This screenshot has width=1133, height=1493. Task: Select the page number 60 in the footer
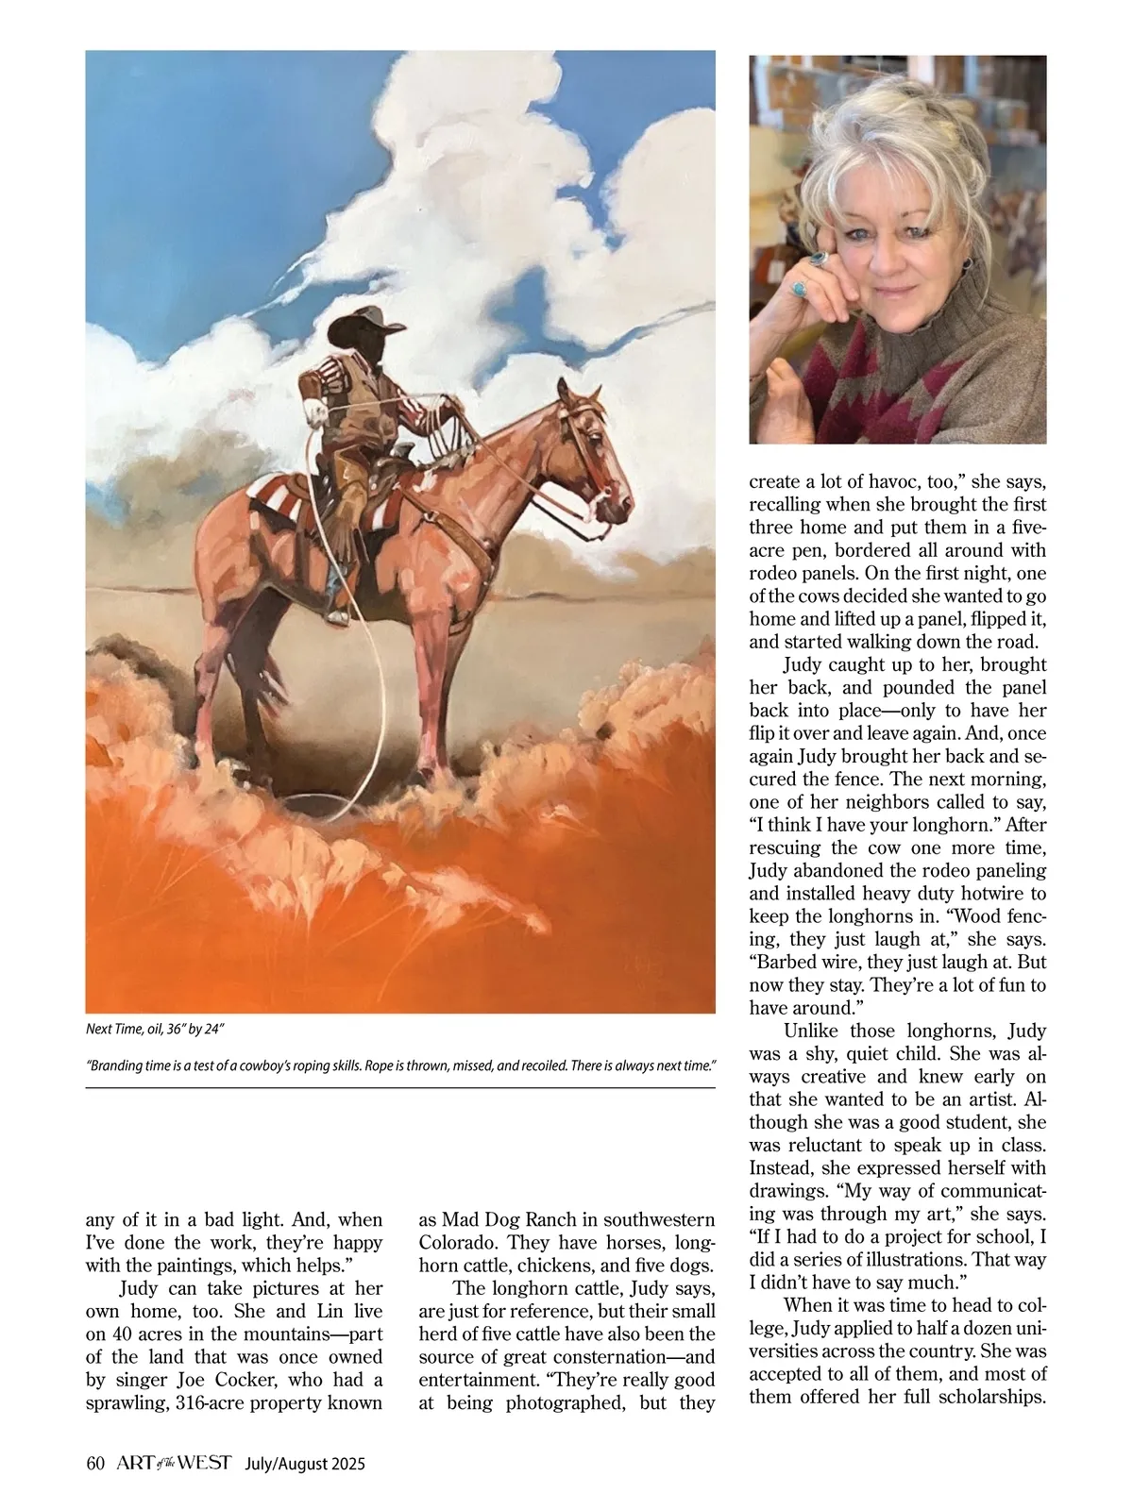click(93, 1464)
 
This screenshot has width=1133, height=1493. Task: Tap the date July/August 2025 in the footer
click(304, 1464)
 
